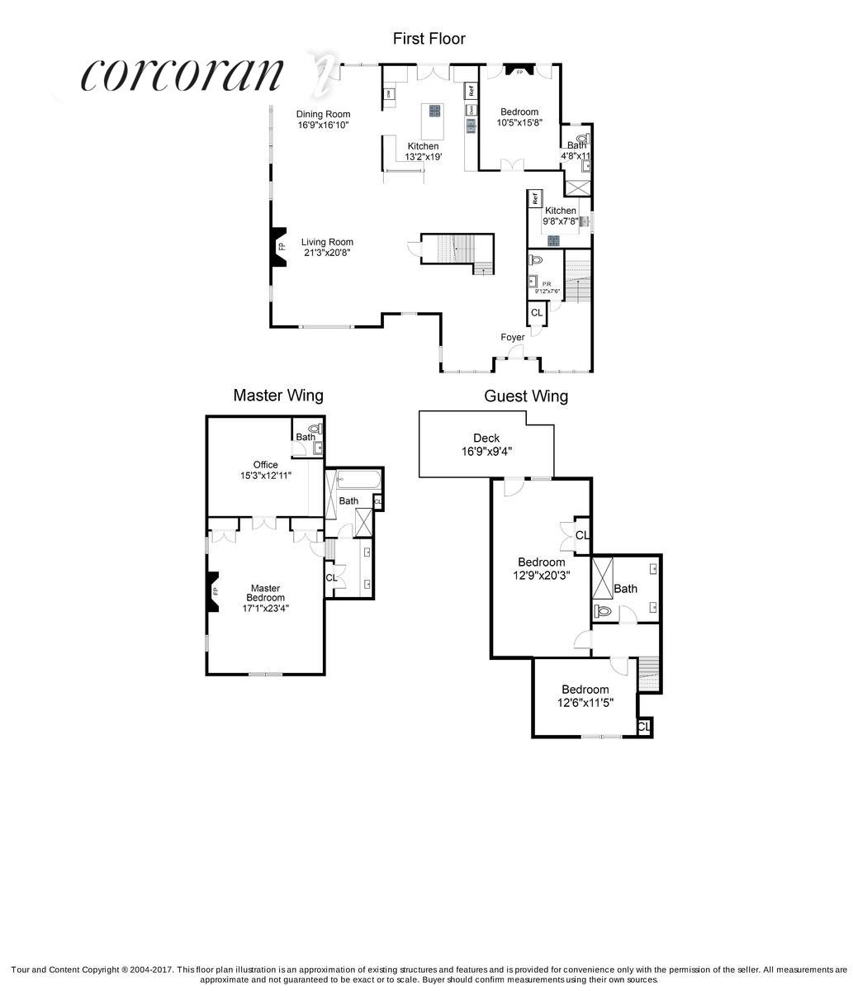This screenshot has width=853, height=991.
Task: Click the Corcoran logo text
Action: [182, 75]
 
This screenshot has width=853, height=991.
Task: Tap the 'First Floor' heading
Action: [429, 39]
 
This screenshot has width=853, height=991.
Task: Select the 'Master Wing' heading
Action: [277, 396]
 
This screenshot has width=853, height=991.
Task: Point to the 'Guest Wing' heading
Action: [525, 396]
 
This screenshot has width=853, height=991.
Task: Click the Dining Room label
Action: [324, 120]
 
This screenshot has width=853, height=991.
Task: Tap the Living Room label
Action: [326, 248]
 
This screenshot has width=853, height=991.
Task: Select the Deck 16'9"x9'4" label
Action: [486, 444]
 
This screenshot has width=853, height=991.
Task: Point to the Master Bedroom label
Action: [265, 598]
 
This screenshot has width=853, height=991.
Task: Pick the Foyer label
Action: [513, 337]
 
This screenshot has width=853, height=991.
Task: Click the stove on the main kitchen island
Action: [434, 111]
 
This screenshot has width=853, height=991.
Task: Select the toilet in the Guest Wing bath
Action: [603, 612]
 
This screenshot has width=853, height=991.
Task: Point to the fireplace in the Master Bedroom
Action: [213, 591]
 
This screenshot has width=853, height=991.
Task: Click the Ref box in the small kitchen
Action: [535, 198]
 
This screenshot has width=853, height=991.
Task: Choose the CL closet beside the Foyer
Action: [537, 313]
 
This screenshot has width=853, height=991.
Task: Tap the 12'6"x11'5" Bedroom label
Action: [585, 696]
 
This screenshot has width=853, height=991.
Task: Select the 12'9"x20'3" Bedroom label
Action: [542, 569]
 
